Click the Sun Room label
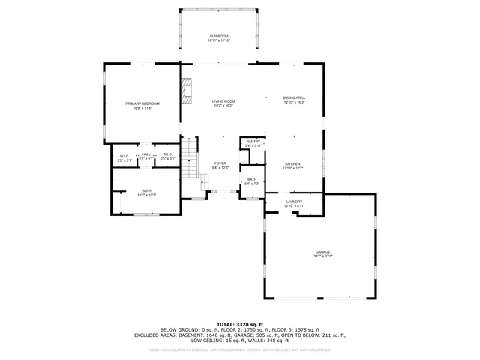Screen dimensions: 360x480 point(218,35)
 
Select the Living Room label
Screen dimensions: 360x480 point(223,100)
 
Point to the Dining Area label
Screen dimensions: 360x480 point(294,97)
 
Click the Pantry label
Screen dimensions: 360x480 point(253,141)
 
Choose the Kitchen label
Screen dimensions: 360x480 point(292,164)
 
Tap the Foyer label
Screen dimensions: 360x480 point(220,163)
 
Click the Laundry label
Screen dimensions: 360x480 point(294,202)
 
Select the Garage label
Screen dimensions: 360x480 point(322,252)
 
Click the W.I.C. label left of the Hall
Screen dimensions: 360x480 point(124,155)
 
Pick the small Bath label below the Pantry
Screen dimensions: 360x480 point(253,179)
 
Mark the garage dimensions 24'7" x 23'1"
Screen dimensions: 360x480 point(322,256)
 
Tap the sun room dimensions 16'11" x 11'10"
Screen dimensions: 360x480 point(218,40)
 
